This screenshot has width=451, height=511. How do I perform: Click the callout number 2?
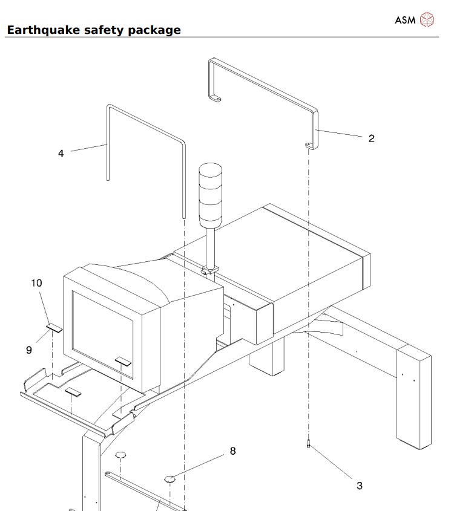coord(371,138)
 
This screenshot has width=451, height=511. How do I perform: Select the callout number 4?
coord(61,154)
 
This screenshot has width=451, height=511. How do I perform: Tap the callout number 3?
coord(359,486)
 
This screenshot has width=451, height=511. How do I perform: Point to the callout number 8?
coord(232,451)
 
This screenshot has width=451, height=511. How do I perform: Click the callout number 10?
coord(36,282)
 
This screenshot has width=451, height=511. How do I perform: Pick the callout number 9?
coord(28,350)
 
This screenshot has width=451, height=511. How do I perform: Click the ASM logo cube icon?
coord(427,20)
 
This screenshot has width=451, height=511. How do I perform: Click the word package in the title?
coord(154,30)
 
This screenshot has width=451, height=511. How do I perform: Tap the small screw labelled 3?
coord(309,444)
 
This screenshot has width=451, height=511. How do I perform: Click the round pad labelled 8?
coord(170,479)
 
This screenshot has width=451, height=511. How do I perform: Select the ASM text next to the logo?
coord(405,20)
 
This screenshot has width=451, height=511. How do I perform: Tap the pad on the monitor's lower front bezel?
coord(123,360)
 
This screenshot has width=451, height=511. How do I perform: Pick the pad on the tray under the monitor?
coord(74,392)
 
